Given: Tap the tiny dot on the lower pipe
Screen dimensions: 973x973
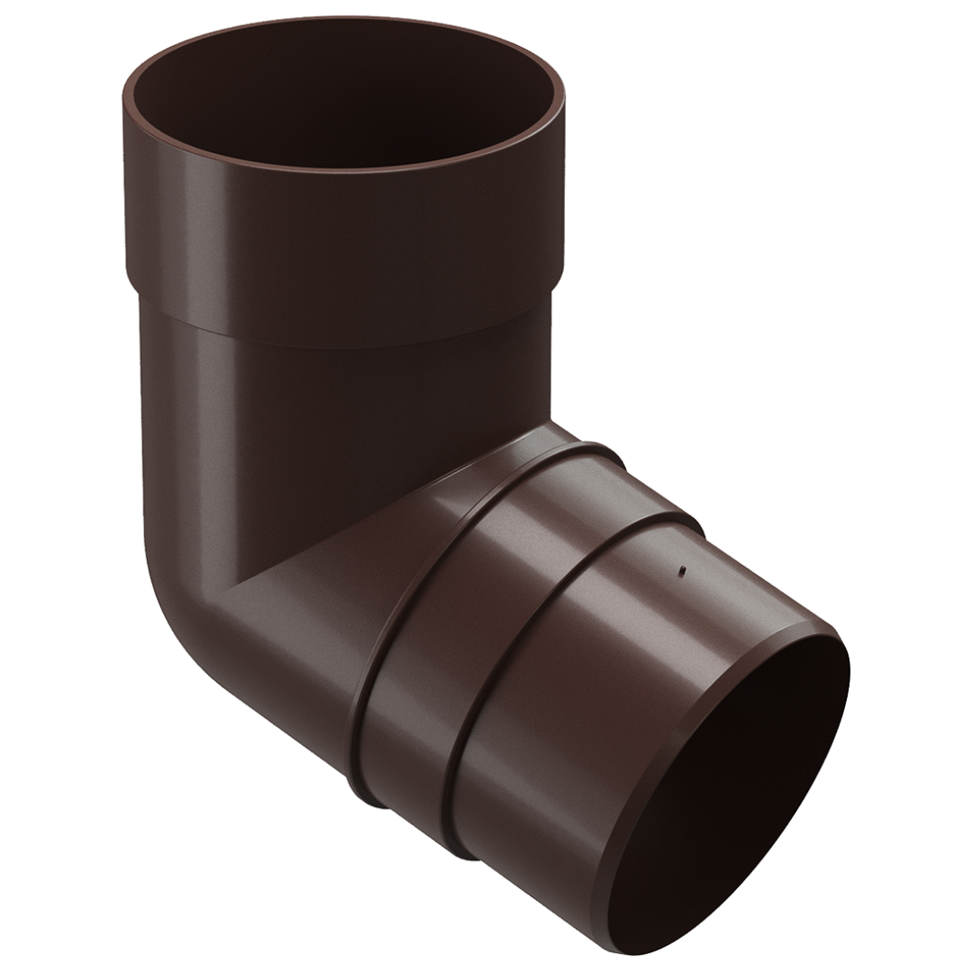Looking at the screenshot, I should [682, 569].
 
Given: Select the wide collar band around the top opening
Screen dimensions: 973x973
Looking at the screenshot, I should [342, 234].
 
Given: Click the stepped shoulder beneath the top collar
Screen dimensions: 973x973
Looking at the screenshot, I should [342, 324].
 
